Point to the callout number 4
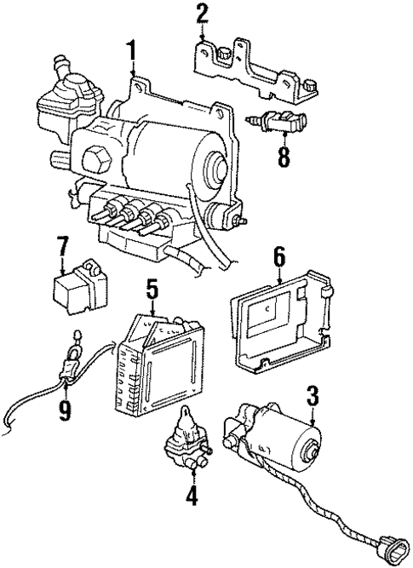tap(191, 494)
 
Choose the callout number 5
tap(152, 291)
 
